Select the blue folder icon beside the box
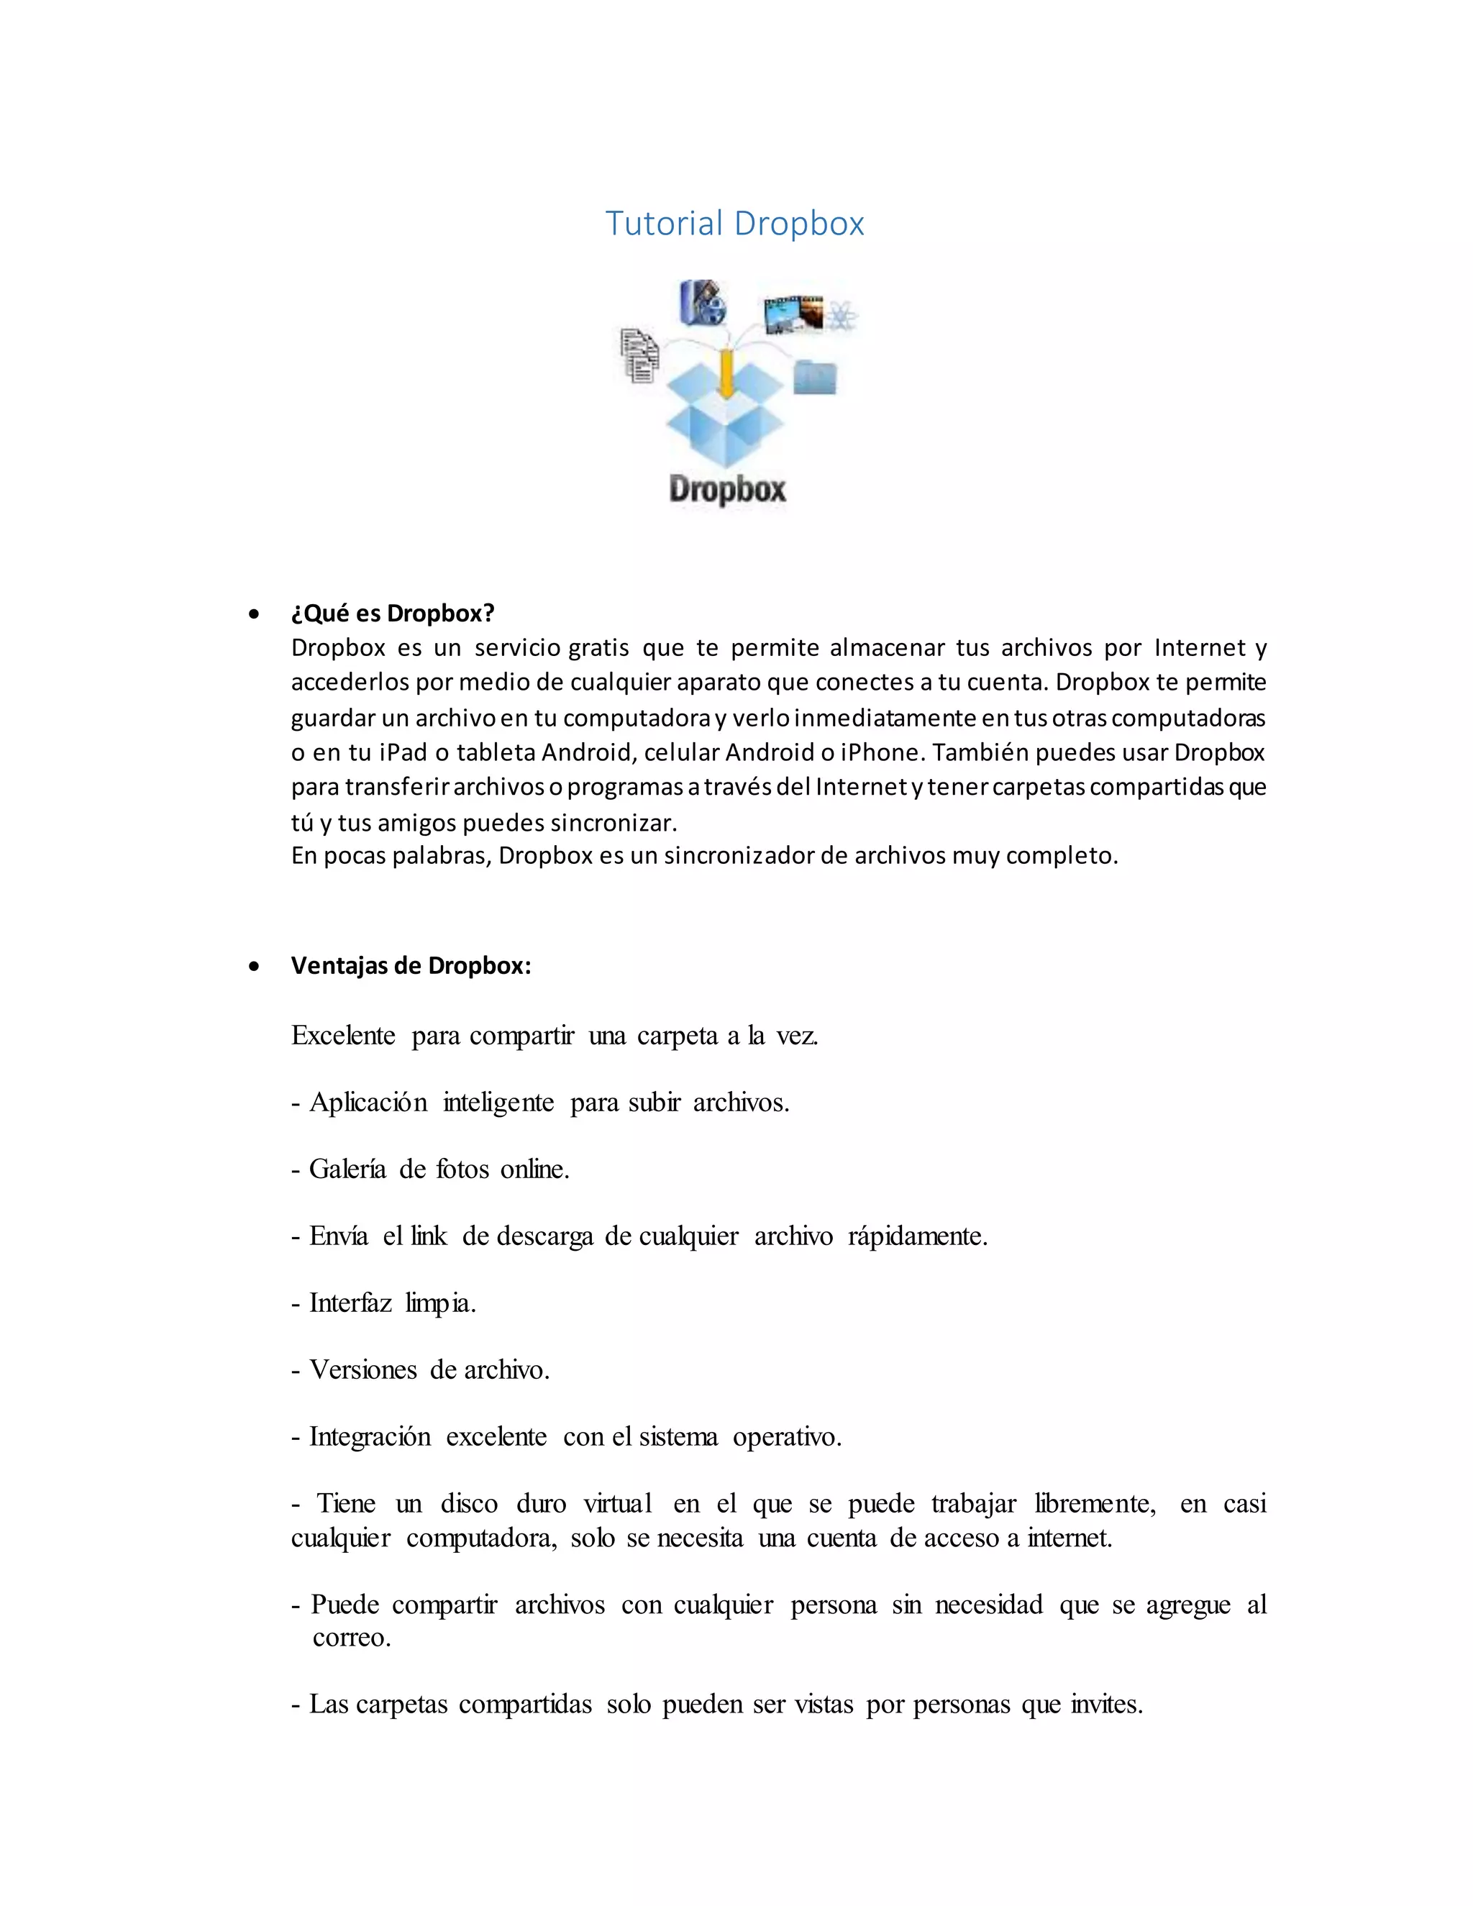coord(815,377)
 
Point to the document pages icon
coord(639,355)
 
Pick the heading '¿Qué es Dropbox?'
coord(393,614)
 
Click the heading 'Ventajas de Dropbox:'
coord(411,965)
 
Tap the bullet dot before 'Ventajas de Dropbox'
coord(254,966)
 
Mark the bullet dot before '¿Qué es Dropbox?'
coord(254,614)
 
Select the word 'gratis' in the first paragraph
coord(598,647)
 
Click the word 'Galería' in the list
coord(347,1169)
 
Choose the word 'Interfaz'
coord(351,1303)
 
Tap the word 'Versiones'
coord(363,1370)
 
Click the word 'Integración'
coord(370,1437)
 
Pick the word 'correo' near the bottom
coord(348,1637)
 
